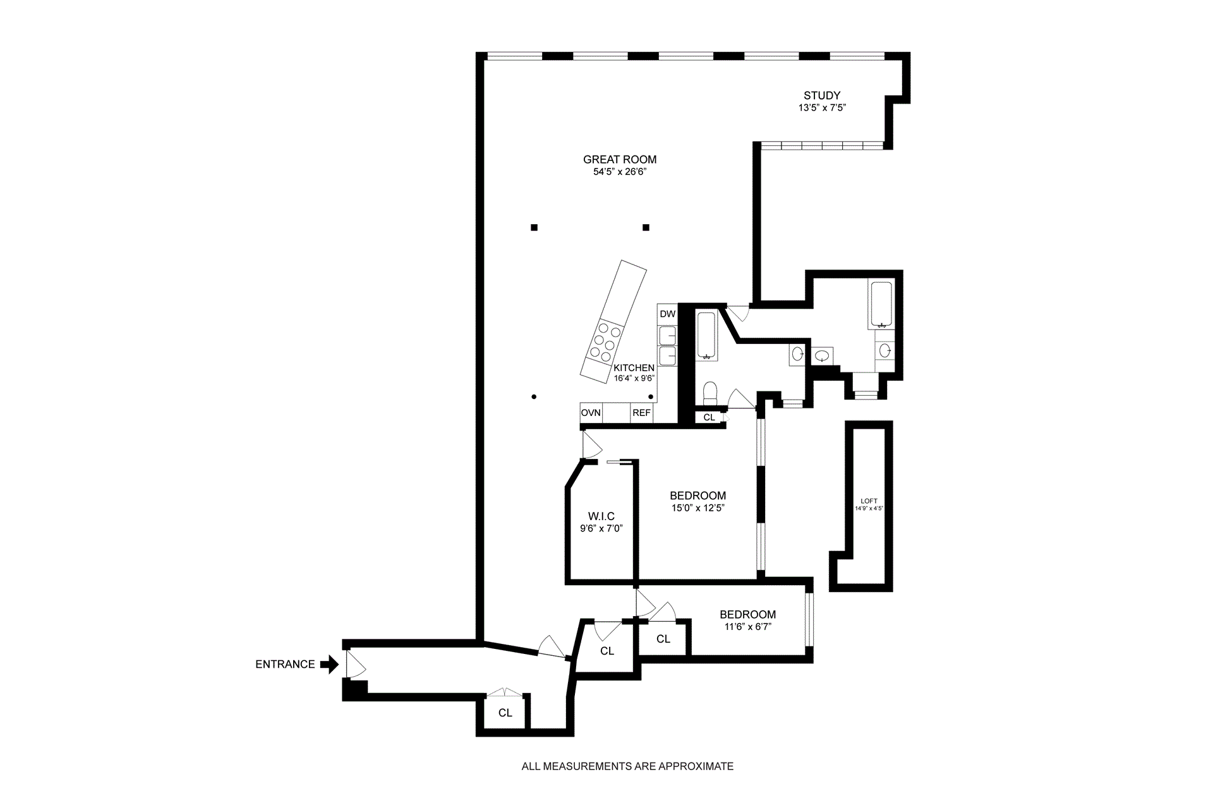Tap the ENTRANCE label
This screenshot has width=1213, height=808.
pos(285,664)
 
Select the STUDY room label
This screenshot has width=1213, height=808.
pos(822,95)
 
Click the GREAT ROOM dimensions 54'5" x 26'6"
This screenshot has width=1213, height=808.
pos(620,172)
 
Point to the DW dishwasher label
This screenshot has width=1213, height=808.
pos(667,314)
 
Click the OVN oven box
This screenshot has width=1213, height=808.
pos(591,413)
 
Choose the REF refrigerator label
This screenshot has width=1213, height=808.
pos(641,413)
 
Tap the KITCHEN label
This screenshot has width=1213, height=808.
pos(634,368)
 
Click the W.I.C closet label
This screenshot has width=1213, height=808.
pos(601,516)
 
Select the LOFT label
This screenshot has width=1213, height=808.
pos(869,501)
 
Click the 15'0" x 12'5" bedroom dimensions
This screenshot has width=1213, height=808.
pos(697,508)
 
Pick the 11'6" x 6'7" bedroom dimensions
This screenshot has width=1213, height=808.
pos(747,626)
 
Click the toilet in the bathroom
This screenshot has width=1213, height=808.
pos(709,393)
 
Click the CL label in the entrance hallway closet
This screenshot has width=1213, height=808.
pos(505,713)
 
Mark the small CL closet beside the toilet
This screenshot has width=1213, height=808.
pos(709,417)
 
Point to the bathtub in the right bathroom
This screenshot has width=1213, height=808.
pos(881,305)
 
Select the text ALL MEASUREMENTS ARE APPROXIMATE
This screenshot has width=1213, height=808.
pos(627,766)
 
